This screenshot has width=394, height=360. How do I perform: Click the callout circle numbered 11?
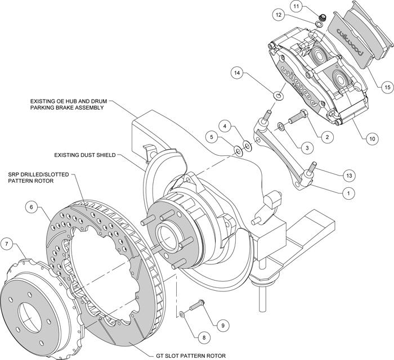pos(297,6)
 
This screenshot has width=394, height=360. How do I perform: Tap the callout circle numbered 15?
pos(387,87)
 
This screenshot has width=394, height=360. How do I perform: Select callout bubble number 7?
pos(7,243)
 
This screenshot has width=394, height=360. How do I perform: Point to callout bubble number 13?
pos(350,175)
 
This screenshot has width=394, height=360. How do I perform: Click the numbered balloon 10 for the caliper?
pos(373,138)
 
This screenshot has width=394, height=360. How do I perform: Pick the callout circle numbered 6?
pos(32,207)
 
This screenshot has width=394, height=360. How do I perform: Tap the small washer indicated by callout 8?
pos(181,314)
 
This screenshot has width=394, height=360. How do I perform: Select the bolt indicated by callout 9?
pos(196,305)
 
